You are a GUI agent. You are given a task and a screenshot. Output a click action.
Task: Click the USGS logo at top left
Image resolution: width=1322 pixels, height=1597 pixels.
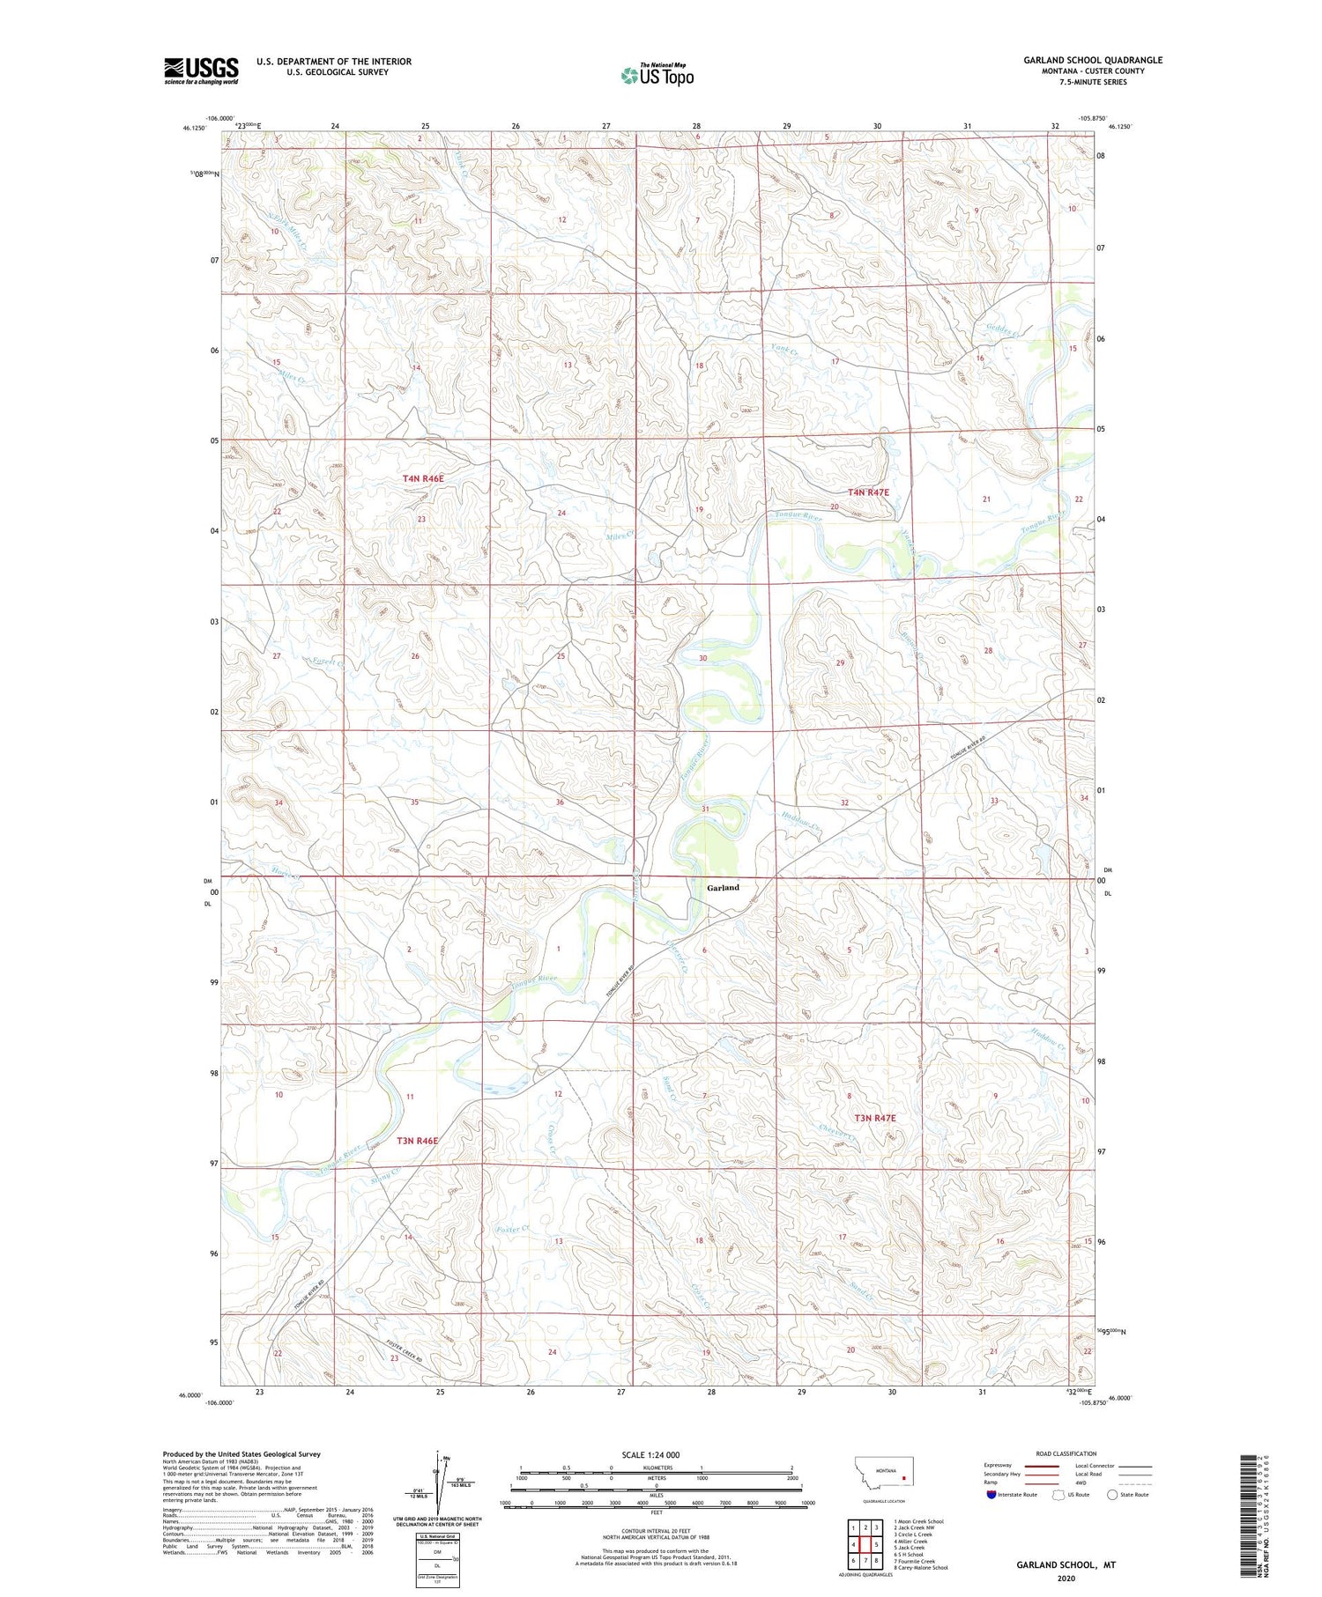pos(201,70)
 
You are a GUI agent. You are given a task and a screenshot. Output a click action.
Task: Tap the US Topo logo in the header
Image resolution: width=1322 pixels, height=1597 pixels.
pos(657,76)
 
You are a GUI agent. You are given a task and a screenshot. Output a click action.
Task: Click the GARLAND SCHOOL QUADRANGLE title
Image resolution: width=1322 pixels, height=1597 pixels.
pos(1092,60)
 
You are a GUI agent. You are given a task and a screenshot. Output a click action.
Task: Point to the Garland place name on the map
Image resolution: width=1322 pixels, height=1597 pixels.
pos(723,888)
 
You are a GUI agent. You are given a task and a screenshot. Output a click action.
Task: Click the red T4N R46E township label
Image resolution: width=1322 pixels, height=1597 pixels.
pos(423,478)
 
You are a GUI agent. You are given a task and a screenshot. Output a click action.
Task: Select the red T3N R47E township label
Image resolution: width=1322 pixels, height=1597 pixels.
pos(874,1118)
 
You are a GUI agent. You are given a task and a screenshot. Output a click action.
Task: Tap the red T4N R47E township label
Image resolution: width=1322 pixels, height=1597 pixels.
pos(868,492)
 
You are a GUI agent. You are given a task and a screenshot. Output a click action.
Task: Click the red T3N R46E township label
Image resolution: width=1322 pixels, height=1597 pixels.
pos(417,1141)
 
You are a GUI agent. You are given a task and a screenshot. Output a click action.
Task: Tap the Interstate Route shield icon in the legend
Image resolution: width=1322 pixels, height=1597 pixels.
pos(991,1494)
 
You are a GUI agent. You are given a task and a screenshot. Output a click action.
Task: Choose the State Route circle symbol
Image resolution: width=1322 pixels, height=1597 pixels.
pos(1112,1494)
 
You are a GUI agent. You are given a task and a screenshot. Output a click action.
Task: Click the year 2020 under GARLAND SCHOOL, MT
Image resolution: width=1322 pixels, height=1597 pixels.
pos(1066,1578)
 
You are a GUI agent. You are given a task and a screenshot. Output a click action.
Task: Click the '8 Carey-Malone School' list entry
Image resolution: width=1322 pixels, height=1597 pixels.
pos(920,1567)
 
